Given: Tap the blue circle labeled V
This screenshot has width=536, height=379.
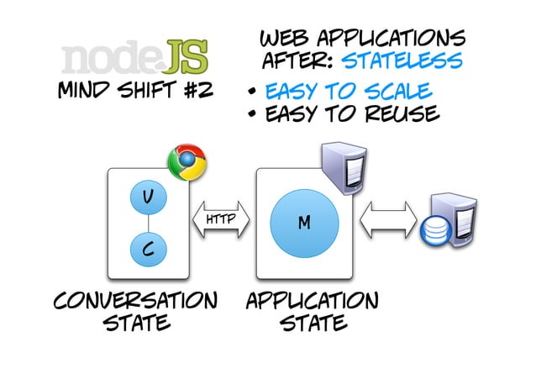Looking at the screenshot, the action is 147,197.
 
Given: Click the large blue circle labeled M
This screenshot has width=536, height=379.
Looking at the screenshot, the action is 304,223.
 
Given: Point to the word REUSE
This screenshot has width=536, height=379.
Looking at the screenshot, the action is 398,113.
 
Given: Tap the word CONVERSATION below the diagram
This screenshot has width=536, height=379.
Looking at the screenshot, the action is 135,301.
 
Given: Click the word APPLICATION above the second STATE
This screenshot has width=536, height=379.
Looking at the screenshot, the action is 312,301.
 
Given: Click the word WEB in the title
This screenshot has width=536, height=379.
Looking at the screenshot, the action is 281,39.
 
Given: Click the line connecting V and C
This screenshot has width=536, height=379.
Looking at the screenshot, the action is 147,222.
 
